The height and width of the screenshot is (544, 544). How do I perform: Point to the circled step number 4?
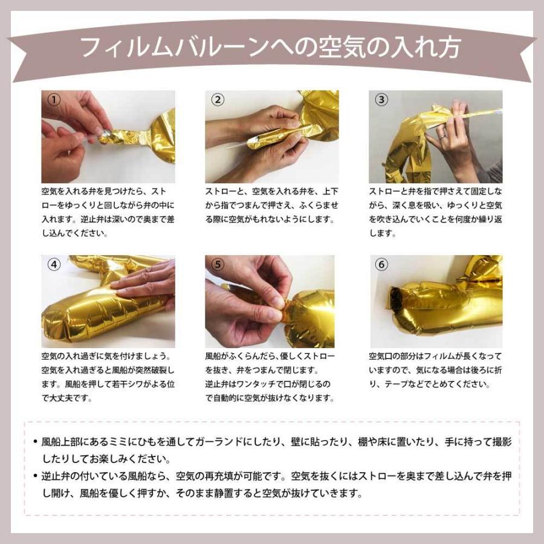point(54,264)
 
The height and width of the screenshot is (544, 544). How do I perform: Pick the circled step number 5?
point(218,264)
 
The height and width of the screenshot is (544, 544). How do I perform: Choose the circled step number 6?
point(381,264)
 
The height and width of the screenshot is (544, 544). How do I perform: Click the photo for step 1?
point(108,137)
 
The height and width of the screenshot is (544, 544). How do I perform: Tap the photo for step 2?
point(272,137)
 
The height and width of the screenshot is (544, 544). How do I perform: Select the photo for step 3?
point(435,137)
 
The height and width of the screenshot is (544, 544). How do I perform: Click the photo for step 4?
point(108,301)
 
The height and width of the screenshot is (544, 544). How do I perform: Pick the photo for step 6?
point(435,301)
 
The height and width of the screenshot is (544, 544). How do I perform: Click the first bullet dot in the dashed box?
point(36,442)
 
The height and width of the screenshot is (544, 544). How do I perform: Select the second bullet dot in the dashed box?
point(36,476)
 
